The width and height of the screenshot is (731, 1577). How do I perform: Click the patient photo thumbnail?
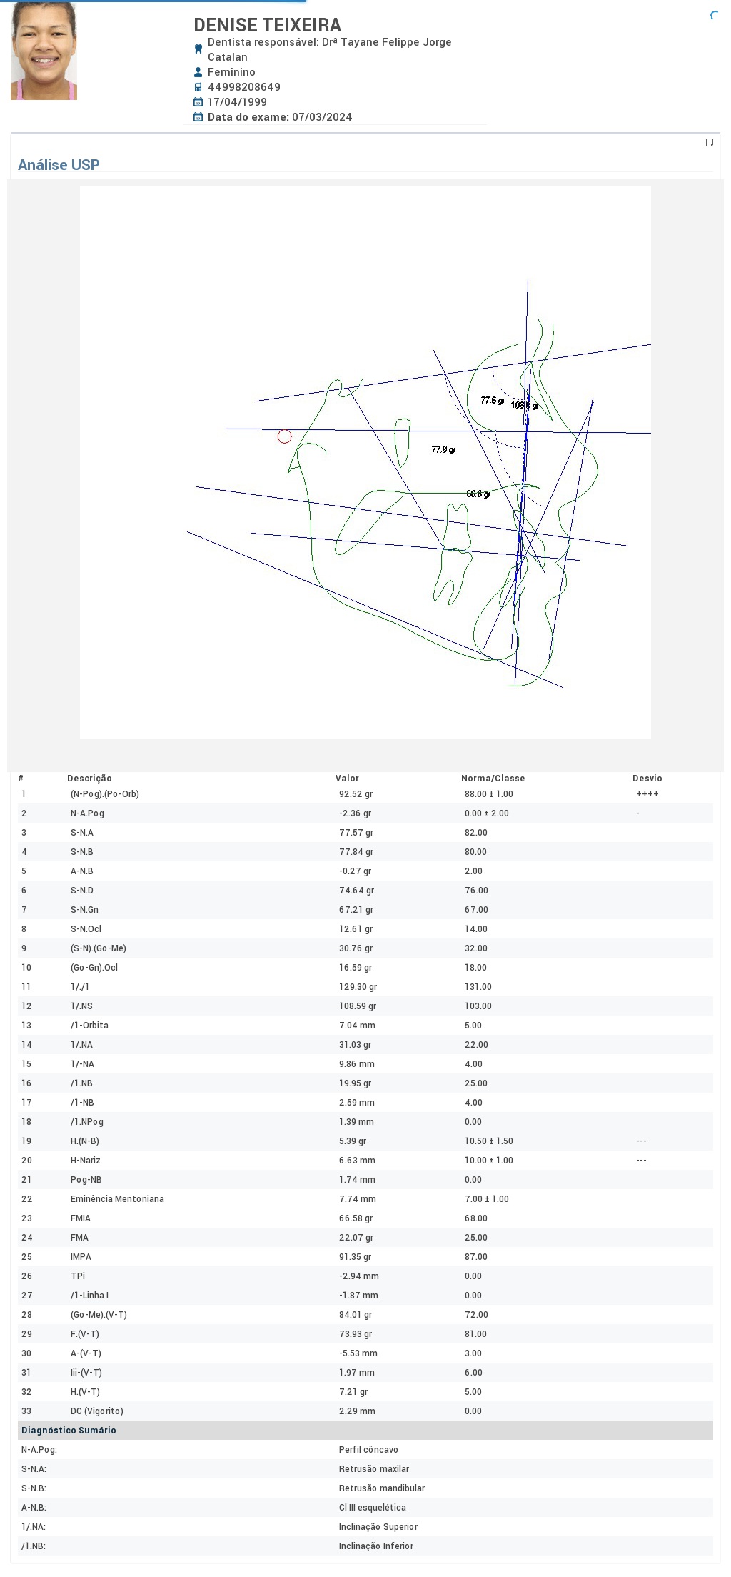coord(44,51)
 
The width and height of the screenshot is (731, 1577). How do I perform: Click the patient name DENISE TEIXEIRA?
coord(268,25)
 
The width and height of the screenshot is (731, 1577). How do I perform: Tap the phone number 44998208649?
coord(244,87)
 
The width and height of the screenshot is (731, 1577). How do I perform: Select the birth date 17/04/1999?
coord(237,102)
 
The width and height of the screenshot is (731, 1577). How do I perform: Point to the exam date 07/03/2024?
coord(322,117)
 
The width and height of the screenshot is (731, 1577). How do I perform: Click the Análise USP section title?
coord(59,165)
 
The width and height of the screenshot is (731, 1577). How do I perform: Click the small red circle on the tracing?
coord(285,436)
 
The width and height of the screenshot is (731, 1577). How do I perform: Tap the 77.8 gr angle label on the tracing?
coord(443,449)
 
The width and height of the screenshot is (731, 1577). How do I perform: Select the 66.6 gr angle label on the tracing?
coord(478,494)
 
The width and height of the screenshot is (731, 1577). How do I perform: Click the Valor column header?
coord(347,779)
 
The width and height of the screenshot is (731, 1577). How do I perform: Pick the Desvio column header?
coord(647,779)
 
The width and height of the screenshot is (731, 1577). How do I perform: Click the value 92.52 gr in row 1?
coord(356,794)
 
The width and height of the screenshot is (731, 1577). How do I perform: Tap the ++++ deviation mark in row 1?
coord(647,794)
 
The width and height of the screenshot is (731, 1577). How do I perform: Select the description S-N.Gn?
coord(84,910)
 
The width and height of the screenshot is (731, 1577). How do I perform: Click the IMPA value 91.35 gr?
coord(356,1257)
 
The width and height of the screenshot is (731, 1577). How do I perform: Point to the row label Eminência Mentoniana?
coord(117,1199)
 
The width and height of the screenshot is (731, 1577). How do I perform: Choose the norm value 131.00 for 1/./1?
coord(478,987)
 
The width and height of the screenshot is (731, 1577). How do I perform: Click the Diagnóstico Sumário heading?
coord(69,1431)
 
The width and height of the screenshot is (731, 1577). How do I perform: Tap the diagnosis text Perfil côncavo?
coord(368,1450)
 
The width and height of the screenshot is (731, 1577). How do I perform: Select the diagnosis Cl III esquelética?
coord(373,1508)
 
